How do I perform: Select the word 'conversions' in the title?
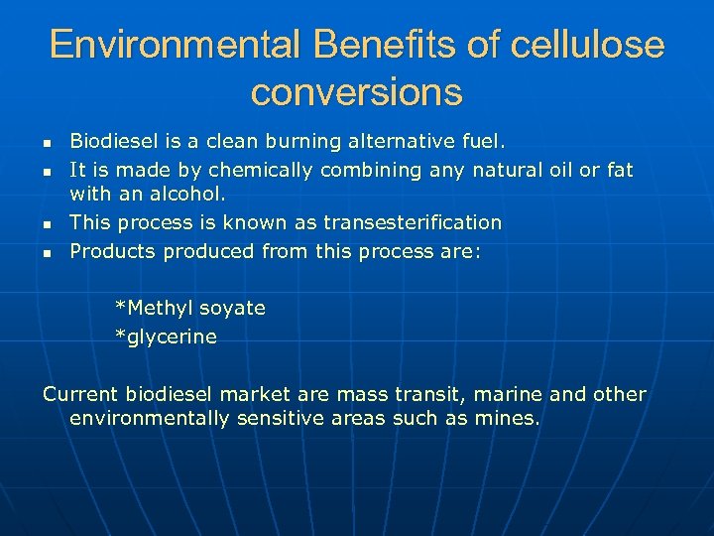tap(356, 92)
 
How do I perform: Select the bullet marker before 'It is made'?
tap(47, 172)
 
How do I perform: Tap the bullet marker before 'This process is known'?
tap(47, 224)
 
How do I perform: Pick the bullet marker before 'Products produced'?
tap(47, 252)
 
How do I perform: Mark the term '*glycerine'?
tap(166, 336)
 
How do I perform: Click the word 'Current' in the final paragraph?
tap(78, 394)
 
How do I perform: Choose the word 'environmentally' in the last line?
tap(150, 419)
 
